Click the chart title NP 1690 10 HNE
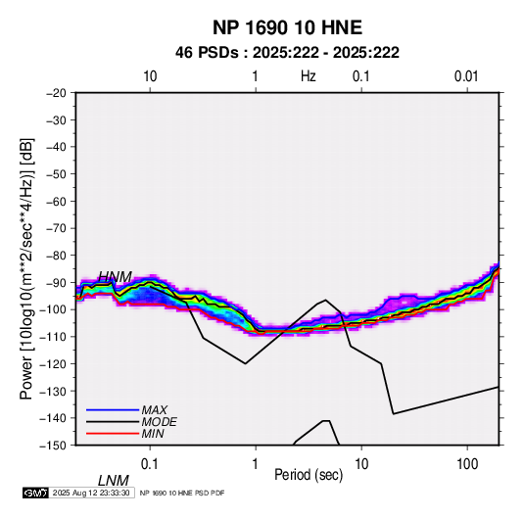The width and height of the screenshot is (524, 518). (x=287, y=27)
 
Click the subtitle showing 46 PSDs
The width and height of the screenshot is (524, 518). (x=287, y=53)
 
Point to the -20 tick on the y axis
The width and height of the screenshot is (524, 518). (x=56, y=93)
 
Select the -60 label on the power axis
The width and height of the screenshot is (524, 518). (x=56, y=201)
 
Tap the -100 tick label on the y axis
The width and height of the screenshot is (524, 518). (x=53, y=309)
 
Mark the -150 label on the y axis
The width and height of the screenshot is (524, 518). (x=53, y=446)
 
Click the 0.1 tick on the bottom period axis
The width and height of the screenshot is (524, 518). (x=150, y=463)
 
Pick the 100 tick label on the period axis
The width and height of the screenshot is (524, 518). (x=467, y=463)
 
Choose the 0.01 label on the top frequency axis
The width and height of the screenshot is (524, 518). (x=466, y=76)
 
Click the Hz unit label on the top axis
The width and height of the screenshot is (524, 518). (x=309, y=76)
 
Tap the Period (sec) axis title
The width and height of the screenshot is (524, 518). (x=309, y=475)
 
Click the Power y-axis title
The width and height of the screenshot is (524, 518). (x=26, y=269)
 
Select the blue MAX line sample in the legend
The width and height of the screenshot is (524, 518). (x=113, y=409)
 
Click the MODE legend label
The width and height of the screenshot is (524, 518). (x=159, y=422)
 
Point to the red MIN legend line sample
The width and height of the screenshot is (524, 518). (x=113, y=434)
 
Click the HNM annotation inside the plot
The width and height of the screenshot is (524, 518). (x=115, y=277)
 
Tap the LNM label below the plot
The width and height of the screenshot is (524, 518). (x=114, y=481)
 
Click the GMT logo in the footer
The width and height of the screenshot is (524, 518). (x=35, y=493)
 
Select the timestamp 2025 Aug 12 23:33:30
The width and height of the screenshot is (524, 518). (x=91, y=493)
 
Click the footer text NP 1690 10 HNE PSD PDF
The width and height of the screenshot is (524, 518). (x=182, y=494)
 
